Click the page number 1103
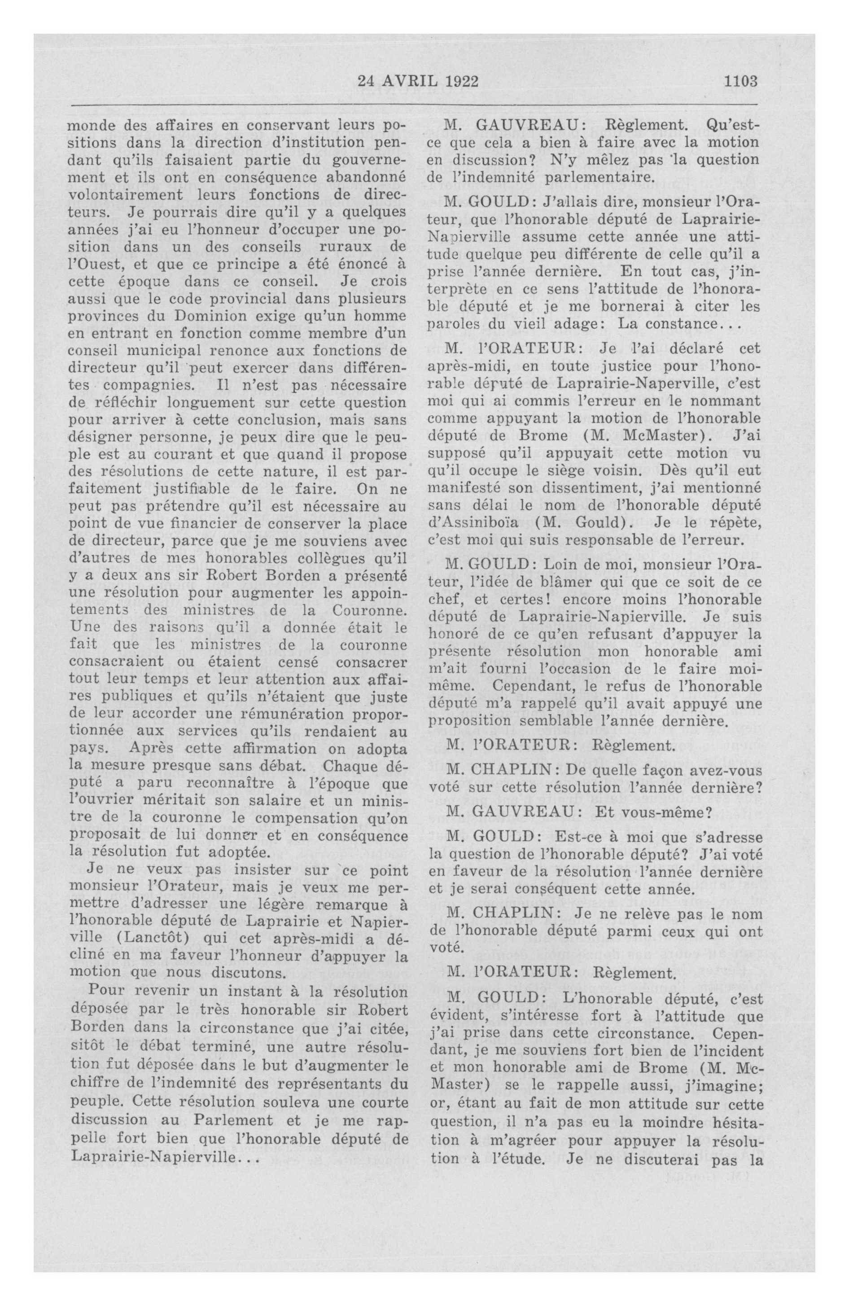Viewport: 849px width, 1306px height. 740,82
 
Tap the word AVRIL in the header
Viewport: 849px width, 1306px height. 409,82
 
